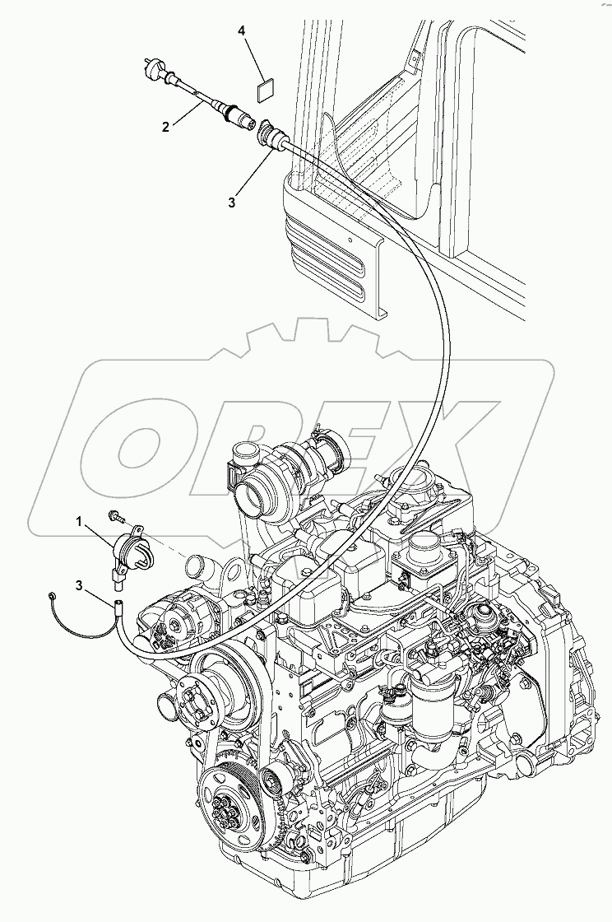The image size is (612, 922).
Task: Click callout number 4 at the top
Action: pos(242,30)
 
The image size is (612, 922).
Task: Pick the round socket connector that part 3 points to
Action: pos(269,133)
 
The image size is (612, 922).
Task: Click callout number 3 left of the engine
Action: pos(79,585)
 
